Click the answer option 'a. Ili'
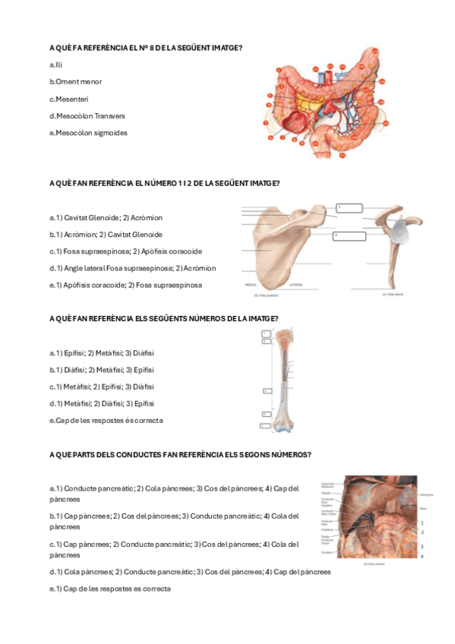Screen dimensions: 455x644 pos(55,65)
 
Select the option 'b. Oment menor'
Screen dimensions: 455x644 pos(75,81)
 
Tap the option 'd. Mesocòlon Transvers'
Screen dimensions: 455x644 pos(87,115)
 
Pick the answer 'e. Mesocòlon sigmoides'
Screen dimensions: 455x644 pos(88,133)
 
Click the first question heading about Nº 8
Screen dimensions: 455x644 pos(145,48)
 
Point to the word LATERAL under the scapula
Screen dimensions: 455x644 pos(295,285)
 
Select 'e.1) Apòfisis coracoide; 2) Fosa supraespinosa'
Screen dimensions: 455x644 pos(125,285)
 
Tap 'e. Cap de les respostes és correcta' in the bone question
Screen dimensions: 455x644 pos(106,420)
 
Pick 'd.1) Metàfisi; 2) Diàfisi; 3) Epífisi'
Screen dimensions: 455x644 pos(101,403)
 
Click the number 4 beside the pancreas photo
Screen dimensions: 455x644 pos(422,557)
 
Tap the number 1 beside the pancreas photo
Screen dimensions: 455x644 pos(422,522)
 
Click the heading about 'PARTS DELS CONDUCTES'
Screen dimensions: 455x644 pos(179,454)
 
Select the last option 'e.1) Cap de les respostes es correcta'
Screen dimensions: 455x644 pos(109,589)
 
